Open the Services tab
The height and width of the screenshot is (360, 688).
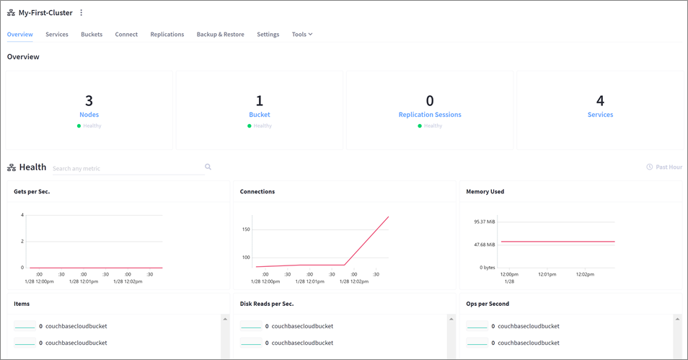[x=57, y=35]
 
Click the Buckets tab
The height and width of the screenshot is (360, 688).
[x=92, y=35]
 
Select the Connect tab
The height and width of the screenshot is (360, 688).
[x=126, y=35]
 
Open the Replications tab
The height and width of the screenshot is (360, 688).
[x=167, y=35]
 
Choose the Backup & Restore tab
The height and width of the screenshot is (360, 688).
[x=220, y=35]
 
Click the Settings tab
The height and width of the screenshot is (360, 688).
[x=268, y=35]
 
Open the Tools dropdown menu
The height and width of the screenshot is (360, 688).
[x=301, y=35]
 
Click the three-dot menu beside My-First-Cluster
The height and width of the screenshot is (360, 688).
[x=81, y=13]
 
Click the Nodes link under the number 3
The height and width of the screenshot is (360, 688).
[x=89, y=115]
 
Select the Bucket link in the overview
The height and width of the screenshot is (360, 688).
[x=260, y=115]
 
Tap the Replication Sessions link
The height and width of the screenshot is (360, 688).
[x=430, y=115]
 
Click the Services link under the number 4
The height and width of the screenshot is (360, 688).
[x=600, y=115]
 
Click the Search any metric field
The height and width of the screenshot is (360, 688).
[x=126, y=169]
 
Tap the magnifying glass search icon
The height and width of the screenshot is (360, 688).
[x=208, y=167]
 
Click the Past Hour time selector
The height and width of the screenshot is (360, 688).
[x=664, y=167]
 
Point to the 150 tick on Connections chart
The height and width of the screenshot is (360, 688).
[x=246, y=229]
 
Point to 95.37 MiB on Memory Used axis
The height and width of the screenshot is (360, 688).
[x=484, y=221]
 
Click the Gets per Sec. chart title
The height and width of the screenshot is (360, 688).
[x=32, y=192]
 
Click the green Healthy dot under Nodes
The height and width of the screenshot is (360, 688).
[x=79, y=126]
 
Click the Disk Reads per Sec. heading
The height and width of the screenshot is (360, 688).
[x=267, y=304]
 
